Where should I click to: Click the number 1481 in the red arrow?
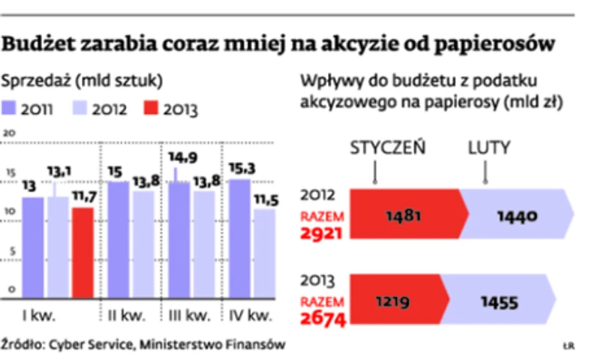403,216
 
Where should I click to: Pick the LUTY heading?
488,147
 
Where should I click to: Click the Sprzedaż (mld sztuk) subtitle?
83,79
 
